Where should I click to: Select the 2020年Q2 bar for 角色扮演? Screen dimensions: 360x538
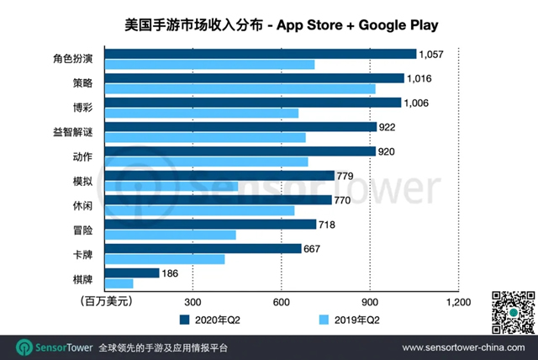(x=261, y=54)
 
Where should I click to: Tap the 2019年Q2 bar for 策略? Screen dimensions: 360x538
(x=240, y=88)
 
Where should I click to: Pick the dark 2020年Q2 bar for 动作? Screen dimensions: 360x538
(x=240, y=151)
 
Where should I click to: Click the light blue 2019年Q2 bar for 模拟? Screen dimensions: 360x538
(x=171, y=186)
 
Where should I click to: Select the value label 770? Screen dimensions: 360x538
(x=345, y=200)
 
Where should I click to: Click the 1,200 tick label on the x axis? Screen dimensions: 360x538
(x=458, y=301)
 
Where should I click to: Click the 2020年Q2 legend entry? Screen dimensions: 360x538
(x=210, y=320)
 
